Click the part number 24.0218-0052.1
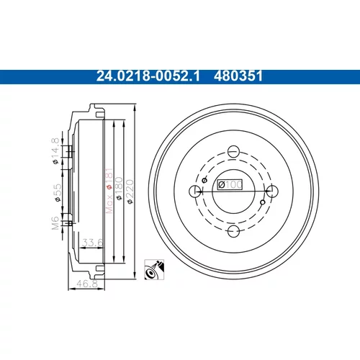(148, 76)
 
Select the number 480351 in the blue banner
(238, 76)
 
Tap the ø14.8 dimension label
(55, 151)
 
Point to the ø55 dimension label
(57, 193)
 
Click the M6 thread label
(55, 222)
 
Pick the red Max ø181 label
(109, 191)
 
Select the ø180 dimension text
(119, 189)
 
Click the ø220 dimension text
(130, 192)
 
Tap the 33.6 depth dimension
(92, 243)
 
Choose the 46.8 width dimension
(87, 284)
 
